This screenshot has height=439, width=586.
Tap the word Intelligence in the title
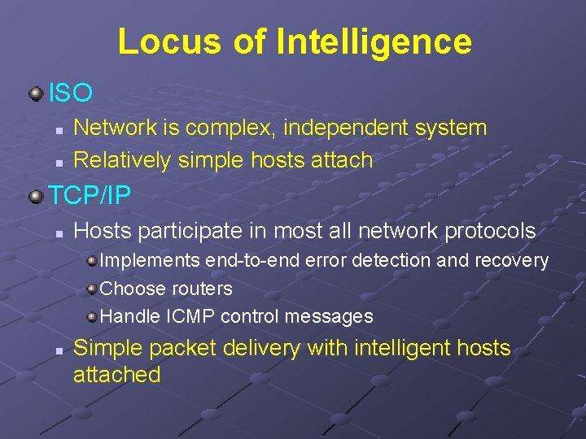[x=374, y=41]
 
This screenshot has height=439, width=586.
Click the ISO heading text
[x=71, y=93]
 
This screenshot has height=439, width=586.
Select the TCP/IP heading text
[x=90, y=195]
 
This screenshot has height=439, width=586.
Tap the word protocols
[x=490, y=232]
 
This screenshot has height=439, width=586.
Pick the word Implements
[x=151, y=261]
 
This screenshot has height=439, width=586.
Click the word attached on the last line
[x=116, y=375]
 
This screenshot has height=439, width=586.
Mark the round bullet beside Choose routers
[x=92, y=289]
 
